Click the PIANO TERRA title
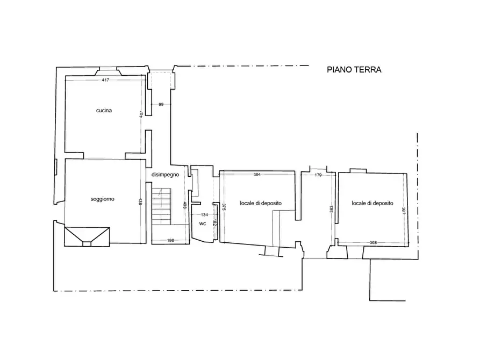pyautogui.click(x=354, y=70)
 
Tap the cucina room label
pyautogui.click(x=104, y=111)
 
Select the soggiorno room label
pyautogui.click(x=102, y=199)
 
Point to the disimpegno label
pyautogui.click(x=165, y=175)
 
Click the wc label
pyautogui.click(x=202, y=224)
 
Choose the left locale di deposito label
pyautogui.click(x=261, y=203)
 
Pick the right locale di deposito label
pyautogui.click(x=372, y=203)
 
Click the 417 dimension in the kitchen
pyautogui.click(x=105, y=80)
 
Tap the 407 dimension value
pyautogui.click(x=141, y=114)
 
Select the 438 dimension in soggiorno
pyautogui.click(x=140, y=201)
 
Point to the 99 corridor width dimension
pyautogui.click(x=161, y=104)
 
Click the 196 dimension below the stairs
pyautogui.click(x=170, y=240)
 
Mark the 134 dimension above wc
pyautogui.click(x=204, y=214)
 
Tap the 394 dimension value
pyautogui.click(x=257, y=175)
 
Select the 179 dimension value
pyautogui.click(x=318, y=175)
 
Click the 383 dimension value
pyautogui.click(x=331, y=209)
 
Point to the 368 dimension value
pyautogui.click(x=373, y=243)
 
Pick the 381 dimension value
pyautogui.click(x=404, y=211)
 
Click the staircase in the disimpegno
pyautogui.click(x=161, y=206)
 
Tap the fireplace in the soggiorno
pyautogui.click(x=87, y=236)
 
